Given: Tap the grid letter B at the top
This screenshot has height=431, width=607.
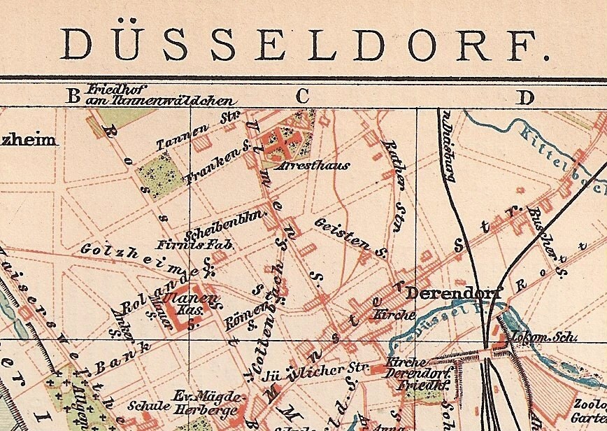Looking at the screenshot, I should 73,97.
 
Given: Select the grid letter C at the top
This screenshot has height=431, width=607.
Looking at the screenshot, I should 302,97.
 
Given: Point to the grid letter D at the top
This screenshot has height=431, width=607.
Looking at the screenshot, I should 524,97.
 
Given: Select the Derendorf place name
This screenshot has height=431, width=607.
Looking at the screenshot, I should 453,292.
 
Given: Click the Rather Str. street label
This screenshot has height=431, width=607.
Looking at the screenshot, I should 394,175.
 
